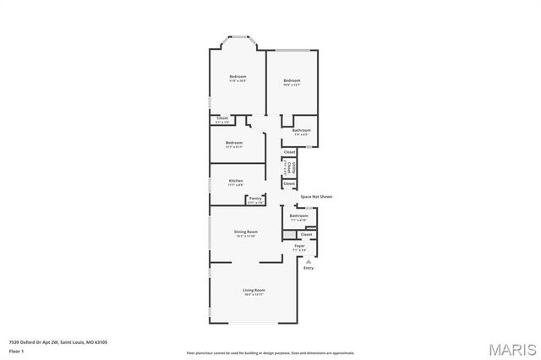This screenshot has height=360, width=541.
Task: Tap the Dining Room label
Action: [x=246, y=231]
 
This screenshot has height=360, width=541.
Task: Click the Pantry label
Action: [x=254, y=199]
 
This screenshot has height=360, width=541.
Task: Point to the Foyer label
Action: [x=299, y=246]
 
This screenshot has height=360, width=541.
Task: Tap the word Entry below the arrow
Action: [x=308, y=268]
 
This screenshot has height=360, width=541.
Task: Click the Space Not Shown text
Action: [x=317, y=196]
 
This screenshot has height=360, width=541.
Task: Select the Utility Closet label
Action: [x=289, y=167]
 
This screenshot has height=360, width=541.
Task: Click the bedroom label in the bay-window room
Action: [x=238, y=77]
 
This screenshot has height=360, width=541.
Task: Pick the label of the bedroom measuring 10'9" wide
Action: [x=292, y=81]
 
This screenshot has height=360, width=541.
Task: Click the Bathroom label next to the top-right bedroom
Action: [x=302, y=130]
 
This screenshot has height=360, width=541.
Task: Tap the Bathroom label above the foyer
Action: [x=299, y=215]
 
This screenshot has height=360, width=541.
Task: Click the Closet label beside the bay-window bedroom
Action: [x=222, y=118]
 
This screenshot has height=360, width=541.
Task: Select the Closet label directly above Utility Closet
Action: [x=289, y=152]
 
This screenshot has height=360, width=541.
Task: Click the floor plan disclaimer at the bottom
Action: [x=270, y=352]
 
